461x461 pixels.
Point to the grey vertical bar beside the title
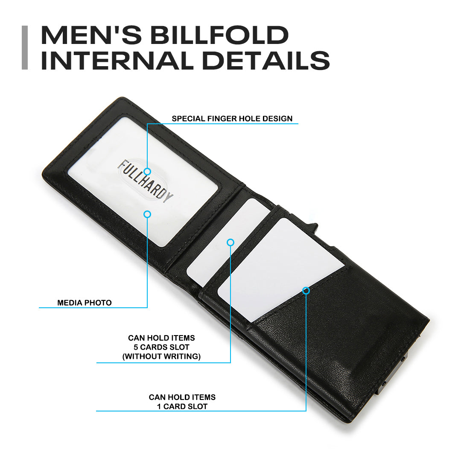click(25, 47)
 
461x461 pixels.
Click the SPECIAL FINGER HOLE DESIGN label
click(232, 119)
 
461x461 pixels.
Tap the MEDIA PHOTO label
click(85, 303)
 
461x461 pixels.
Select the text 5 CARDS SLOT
click(161, 347)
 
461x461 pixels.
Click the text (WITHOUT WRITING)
click(161, 356)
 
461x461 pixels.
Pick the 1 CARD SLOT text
click(182, 406)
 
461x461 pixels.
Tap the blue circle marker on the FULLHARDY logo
click(147, 171)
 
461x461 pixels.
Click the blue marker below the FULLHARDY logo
click(147, 214)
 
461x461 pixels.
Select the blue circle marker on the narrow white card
click(230, 242)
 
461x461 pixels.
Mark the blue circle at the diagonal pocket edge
click(306, 291)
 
